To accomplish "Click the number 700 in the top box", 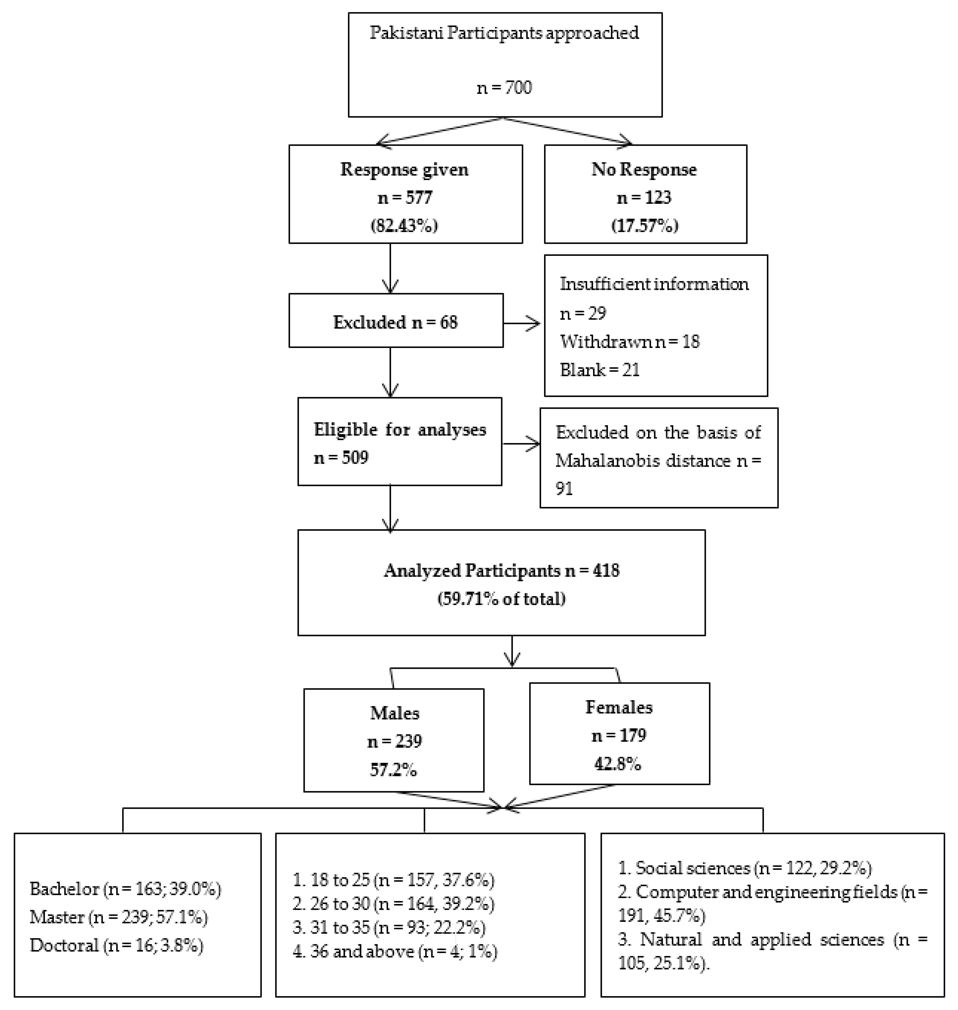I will click(x=518, y=88).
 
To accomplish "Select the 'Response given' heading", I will click(x=404, y=170).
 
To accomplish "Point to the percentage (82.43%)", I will click(x=404, y=225).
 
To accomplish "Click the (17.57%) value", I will click(x=644, y=225).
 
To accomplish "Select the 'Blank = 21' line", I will click(x=600, y=369).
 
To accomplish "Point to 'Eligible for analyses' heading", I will click(x=400, y=430).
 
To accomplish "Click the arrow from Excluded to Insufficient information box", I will click(x=522, y=323).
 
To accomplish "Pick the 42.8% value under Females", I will click(x=618, y=764).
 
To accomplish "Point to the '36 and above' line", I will click(x=395, y=951).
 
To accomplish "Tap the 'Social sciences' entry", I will click(x=693, y=868).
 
